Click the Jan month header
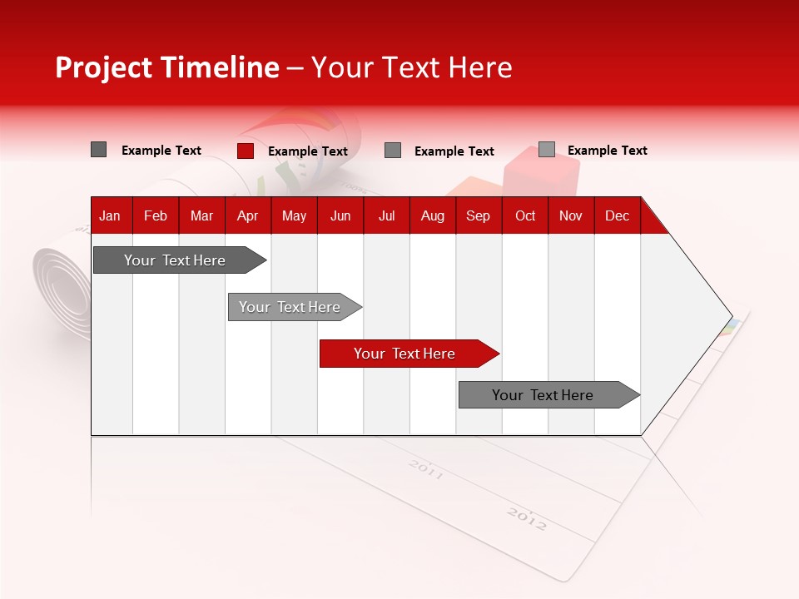coord(110,215)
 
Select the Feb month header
coord(156,215)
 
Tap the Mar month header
coord(201,215)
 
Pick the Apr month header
coord(247,215)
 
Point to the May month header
coord(294,215)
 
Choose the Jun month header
coord(340,215)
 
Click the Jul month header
coord(386,215)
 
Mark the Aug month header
coord(433,215)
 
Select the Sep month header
coord(479,215)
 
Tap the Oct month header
coord(525,215)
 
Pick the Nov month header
coord(571,215)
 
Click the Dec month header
coord(617,215)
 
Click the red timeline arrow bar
coord(405,354)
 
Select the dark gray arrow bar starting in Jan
coord(176,260)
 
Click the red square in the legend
coord(246,151)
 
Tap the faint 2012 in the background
coord(527,520)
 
